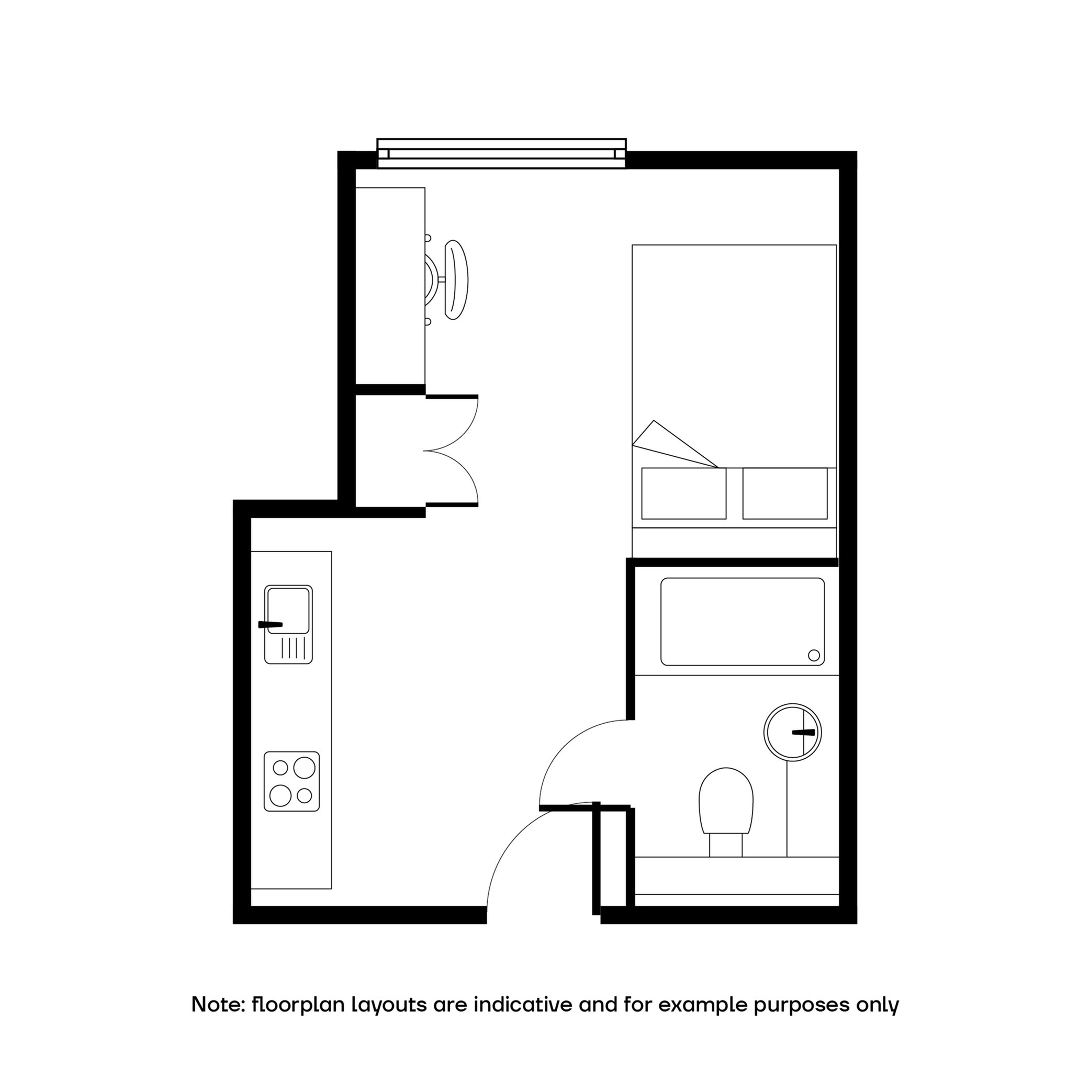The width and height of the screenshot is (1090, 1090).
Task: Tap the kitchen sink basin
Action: point(288,611)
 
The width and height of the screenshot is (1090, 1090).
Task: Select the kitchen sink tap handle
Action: point(270,624)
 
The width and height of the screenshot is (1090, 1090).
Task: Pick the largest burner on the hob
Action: point(304,767)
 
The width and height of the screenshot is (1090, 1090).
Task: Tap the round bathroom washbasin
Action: point(793,732)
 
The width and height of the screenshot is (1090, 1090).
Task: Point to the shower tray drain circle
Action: point(814,655)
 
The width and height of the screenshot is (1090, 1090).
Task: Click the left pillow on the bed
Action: point(684,493)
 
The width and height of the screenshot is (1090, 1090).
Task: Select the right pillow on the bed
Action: point(785,493)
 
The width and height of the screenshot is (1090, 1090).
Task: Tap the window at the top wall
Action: point(501,153)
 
